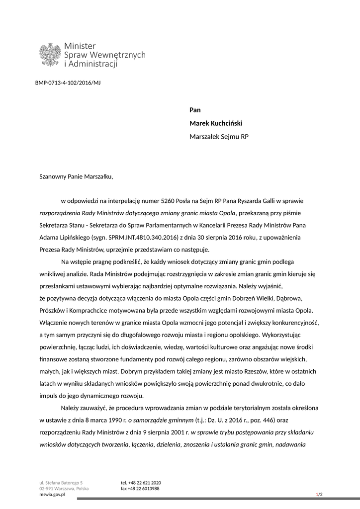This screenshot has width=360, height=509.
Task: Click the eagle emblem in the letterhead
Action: click(50, 54)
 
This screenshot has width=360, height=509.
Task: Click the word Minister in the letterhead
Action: click(80, 46)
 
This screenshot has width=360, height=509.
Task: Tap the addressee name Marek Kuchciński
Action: click(216, 123)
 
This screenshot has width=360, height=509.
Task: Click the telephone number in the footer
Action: click(141, 483)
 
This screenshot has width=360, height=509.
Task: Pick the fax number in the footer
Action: click(140, 489)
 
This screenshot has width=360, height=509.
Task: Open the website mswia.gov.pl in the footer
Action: click(53, 495)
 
